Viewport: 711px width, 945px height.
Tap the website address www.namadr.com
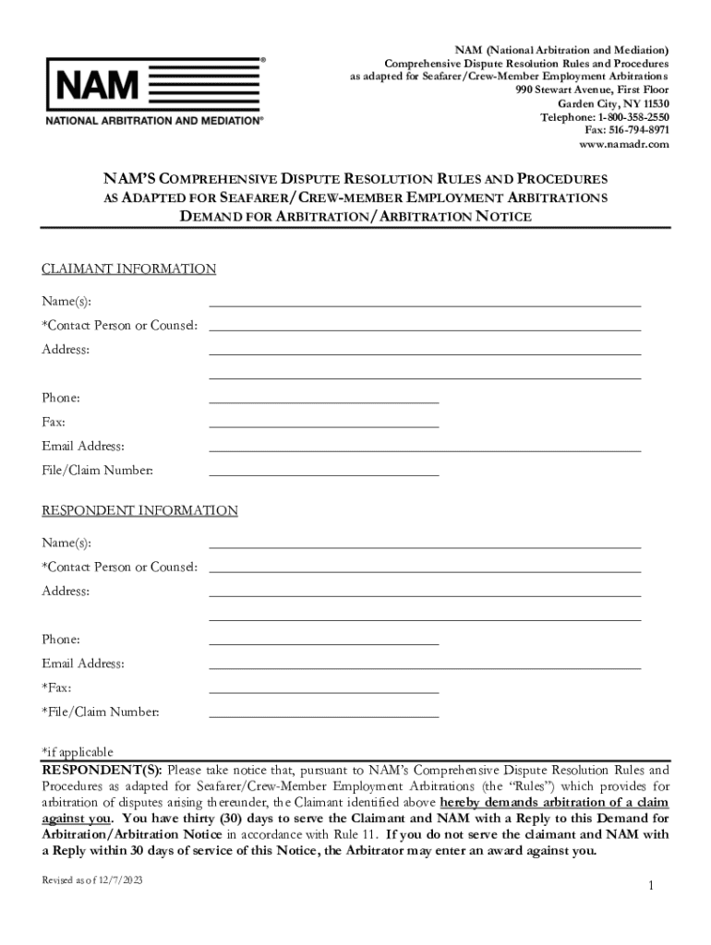(x=623, y=145)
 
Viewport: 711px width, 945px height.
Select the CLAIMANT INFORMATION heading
(x=128, y=269)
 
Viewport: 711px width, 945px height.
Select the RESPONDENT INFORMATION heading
(x=139, y=510)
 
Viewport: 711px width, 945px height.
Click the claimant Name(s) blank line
(x=425, y=304)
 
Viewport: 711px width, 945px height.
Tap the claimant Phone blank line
(x=323, y=401)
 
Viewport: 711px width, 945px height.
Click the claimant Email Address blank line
(x=425, y=449)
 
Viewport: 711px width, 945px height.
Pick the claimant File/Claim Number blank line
(x=323, y=473)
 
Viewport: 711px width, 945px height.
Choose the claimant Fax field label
(x=53, y=422)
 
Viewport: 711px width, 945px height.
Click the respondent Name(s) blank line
(x=425, y=546)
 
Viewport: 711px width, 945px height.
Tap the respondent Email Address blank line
(x=425, y=666)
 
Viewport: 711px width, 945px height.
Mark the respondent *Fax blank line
(x=323, y=691)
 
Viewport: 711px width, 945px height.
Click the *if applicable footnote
(x=78, y=752)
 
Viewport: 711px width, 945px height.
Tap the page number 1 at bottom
(x=650, y=886)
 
